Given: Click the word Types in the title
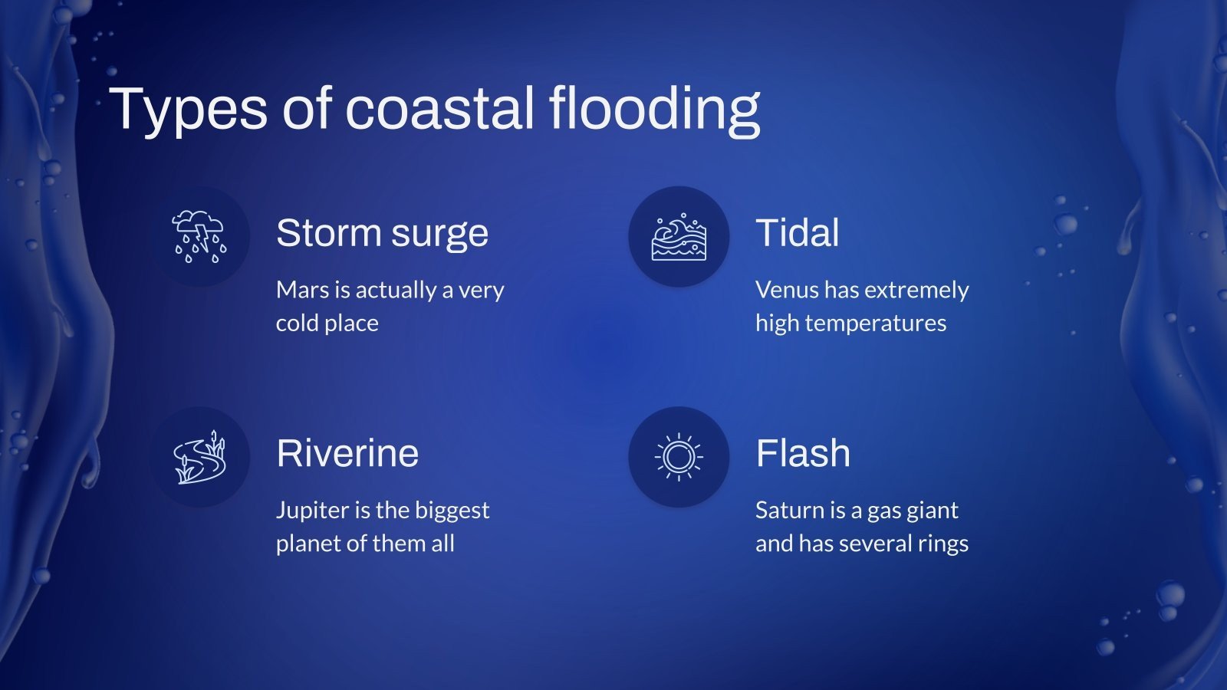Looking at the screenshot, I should click(x=188, y=109).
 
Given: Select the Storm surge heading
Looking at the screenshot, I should click(x=382, y=233).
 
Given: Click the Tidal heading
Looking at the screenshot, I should click(x=797, y=233).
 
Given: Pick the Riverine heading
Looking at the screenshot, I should click(x=347, y=453).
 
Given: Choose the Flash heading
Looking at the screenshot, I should click(x=802, y=453).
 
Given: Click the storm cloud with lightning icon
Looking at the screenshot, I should click(x=199, y=236).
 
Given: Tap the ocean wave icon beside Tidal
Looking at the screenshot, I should click(x=679, y=237).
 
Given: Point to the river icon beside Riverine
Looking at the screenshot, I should click(x=199, y=457).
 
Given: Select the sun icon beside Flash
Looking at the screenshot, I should click(x=679, y=457).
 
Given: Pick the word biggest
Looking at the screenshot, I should click(x=452, y=511).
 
